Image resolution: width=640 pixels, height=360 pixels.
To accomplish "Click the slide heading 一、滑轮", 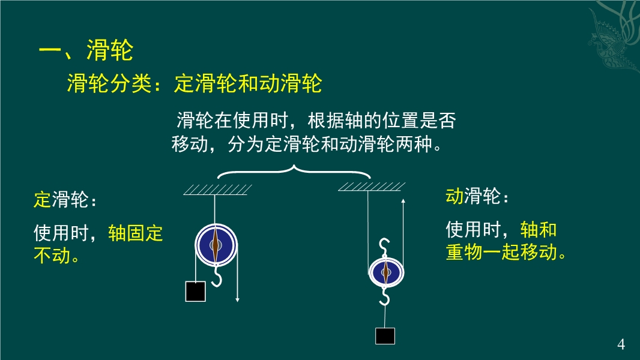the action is [86, 50].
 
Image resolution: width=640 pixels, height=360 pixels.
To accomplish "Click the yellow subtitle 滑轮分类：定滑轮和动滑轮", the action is [195, 83].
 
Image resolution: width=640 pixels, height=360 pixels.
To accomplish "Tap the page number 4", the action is [621, 344].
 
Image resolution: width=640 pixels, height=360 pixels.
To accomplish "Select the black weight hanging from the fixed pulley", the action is [196, 292].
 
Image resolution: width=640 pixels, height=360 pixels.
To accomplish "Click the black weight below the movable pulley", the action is [385, 336].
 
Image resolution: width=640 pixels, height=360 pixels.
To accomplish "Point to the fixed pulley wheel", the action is [216, 245].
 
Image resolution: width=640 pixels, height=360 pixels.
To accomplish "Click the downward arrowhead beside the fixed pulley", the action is [237, 299].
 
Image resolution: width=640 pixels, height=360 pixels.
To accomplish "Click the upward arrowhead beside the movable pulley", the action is [403, 201].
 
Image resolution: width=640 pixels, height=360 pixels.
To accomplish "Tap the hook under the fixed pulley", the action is [217, 276].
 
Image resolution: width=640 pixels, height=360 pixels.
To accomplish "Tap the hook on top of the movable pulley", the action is [384, 247].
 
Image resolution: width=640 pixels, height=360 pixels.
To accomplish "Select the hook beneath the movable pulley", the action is [384, 296].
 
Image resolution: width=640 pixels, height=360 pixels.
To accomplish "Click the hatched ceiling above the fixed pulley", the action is [217, 190].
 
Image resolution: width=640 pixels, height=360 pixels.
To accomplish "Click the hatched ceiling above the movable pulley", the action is [372, 187].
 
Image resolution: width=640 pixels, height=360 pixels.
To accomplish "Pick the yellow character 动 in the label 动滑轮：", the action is [454, 196].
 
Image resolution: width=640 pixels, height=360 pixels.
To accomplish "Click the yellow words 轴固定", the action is [136, 233].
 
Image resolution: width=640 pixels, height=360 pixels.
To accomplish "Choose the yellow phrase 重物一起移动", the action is [501, 251].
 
